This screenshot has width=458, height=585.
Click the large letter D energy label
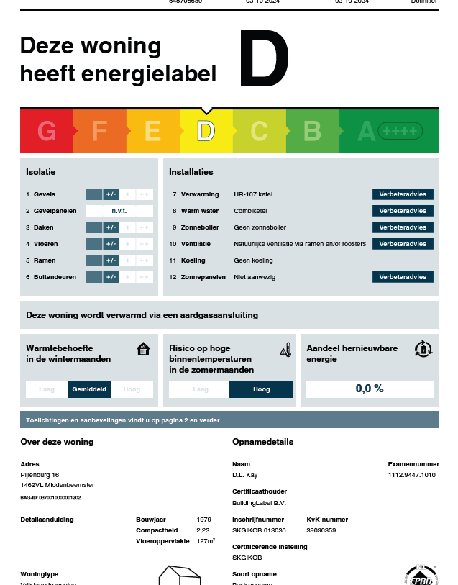[264, 59]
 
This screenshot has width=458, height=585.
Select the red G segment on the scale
[47, 131]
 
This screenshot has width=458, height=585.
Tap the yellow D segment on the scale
[206, 131]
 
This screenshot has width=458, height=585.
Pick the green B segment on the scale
[312, 131]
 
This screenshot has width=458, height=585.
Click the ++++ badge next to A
[400, 131]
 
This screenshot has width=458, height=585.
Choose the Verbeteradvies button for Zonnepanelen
[403, 277]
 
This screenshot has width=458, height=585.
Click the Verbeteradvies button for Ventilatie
[403, 244]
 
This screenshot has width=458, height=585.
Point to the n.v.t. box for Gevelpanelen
[119, 211]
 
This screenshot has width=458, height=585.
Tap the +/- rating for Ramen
[111, 260]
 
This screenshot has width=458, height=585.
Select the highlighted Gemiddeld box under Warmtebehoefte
[89, 389]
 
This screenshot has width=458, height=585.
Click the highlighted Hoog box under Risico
[261, 389]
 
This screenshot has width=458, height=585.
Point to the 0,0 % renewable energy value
[370, 389]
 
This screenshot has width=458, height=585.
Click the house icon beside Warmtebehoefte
[144, 350]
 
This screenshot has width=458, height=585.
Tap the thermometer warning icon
[285, 350]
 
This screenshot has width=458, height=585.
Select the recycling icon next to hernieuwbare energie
[423, 349]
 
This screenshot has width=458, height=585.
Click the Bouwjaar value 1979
[204, 519]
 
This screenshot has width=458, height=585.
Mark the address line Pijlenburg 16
[40, 475]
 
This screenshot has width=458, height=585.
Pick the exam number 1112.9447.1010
[412, 475]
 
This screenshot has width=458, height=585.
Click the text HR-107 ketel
[253, 194]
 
